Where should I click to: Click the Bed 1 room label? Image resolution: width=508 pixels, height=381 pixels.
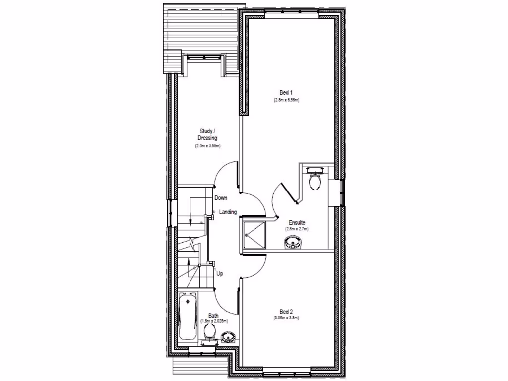click(287, 92)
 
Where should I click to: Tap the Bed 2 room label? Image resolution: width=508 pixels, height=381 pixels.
click(286, 311)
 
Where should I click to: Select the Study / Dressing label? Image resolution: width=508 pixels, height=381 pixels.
click(207, 135)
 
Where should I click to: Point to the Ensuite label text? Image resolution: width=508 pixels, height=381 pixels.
click(297, 223)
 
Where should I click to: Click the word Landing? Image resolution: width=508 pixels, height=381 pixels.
click(228, 212)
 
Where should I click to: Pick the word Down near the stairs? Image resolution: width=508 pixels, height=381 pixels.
click(221, 198)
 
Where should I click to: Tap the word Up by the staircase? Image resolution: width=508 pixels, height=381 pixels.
click(220, 273)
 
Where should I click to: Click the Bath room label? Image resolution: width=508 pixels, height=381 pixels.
click(213, 316)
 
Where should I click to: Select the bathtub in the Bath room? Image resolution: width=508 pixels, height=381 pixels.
click(188, 316)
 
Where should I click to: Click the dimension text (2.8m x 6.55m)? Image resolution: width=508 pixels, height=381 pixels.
click(287, 100)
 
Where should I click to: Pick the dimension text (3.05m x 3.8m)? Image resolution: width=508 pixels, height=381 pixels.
click(286, 318)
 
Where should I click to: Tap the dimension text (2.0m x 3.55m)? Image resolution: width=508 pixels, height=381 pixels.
click(207, 146)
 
